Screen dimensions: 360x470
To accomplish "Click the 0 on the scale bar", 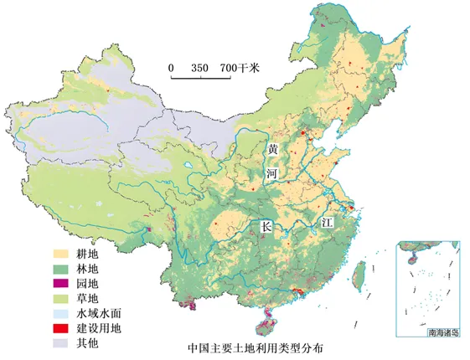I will pyautogui.click(x=171, y=67).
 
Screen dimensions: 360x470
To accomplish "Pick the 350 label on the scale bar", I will pyautogui.click(x=199, y=67).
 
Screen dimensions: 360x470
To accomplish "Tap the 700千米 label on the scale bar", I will pyautogui.click(x=240, y=67).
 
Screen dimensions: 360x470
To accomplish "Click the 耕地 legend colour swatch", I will pyautogui.click(x=59, y=253).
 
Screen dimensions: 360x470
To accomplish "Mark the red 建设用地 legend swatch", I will pyautogui.click(x=59, y=328).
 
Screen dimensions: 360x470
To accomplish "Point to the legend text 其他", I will pyautogui.click(x=88, y=343).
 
